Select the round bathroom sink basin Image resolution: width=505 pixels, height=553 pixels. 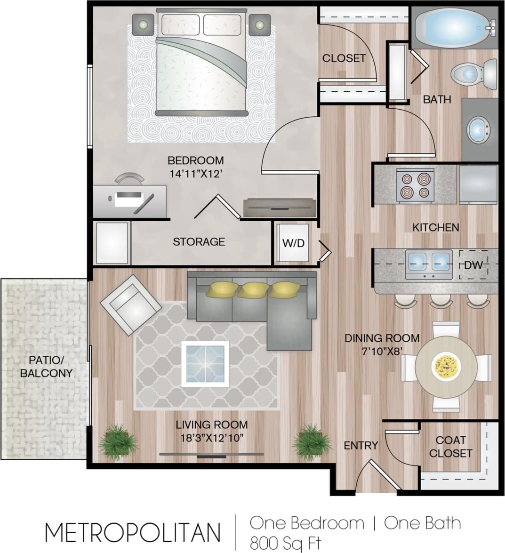(478, 129)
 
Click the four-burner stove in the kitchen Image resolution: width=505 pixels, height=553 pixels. (415, 185)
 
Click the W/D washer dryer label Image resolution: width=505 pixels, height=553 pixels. (293, 243)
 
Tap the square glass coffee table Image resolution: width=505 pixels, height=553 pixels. (205, 364)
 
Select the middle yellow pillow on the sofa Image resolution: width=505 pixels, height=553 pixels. (253, 289)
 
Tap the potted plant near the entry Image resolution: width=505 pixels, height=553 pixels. (311, 441)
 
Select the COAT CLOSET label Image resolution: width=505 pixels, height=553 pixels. (450, 447)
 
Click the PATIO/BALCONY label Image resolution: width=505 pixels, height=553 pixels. (50, 367)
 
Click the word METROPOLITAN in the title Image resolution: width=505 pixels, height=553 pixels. (132, 532)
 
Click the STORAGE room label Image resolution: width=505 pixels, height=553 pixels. (199, 242)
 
